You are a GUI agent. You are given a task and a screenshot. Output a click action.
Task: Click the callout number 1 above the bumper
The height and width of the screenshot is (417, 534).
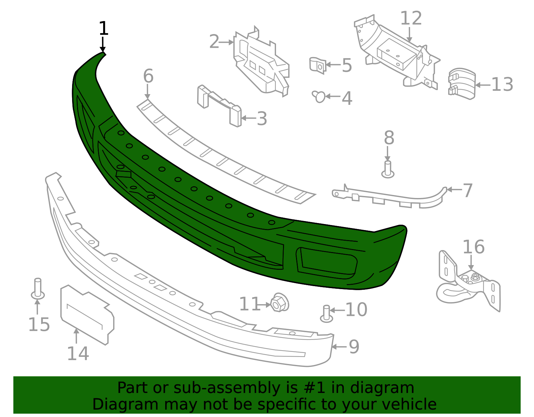click(x=103, y=28)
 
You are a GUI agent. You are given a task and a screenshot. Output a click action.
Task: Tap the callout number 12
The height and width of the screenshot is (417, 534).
click(x=411, y=18)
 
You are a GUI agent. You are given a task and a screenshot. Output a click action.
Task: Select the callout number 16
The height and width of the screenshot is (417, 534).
click(x=474, y=247)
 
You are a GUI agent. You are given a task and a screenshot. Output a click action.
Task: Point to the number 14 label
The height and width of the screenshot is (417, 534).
click(x=78, y=353)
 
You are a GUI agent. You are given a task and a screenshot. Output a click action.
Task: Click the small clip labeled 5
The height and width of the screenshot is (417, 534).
click(x=318, y=65)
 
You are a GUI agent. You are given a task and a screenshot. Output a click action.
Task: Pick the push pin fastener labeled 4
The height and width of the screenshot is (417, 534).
click(x=319, y=96)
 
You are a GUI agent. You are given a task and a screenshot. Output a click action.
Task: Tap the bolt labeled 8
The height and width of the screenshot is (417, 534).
click(x=388, y=169)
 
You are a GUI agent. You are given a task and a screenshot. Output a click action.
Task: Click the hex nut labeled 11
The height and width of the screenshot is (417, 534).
click(x=279, y=302)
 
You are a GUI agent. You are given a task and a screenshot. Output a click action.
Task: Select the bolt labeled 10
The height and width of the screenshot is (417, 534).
click(x=327, y=314)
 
